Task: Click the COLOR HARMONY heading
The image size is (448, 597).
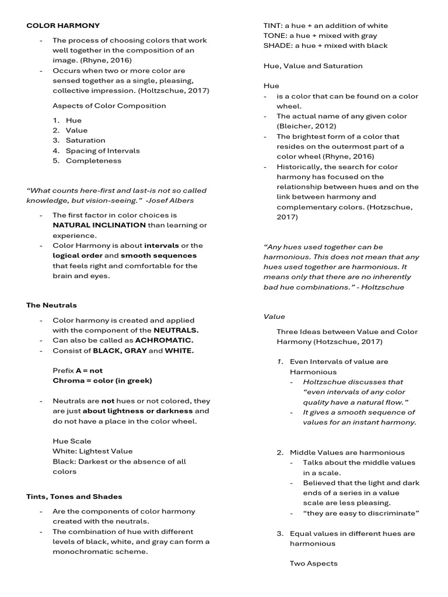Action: [x=63, y=26]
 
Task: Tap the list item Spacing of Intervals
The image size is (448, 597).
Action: [x=103, y=151]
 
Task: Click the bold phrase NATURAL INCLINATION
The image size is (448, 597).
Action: [x=99, y=225]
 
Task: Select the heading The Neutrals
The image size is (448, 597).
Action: [x=51, y=305]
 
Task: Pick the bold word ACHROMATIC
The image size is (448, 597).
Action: [x=164, y=340]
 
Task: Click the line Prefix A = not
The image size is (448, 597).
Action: [x=77, y=371]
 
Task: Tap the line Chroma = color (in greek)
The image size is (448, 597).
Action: [x=102, y=381]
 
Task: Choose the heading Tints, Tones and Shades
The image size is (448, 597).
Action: [x=74, y=497]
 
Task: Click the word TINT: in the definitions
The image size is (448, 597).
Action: [x=273, y=26]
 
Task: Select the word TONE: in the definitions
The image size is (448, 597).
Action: [x=274, y=36]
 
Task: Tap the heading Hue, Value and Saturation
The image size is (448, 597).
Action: [x=313, y=66]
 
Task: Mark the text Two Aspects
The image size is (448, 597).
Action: [x=313, y=564]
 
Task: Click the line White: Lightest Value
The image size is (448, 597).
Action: [x=92, y=451]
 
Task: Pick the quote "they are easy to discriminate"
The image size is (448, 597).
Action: [x=362, y=513]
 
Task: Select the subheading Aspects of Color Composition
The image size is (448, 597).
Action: [x=109, y=106]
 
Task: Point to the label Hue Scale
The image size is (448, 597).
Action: [x=72, y=441]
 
